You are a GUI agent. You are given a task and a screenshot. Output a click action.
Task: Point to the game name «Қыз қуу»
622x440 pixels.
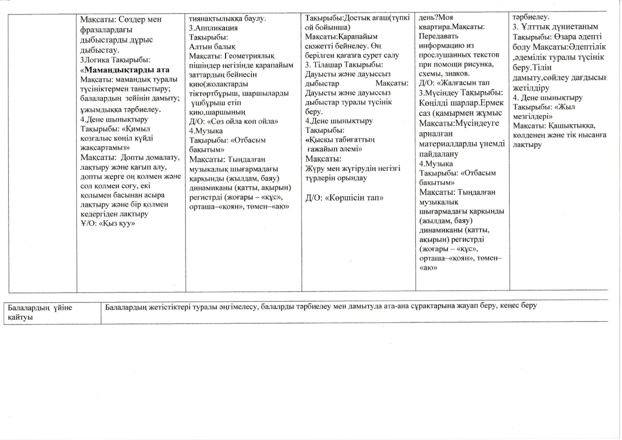pyautogui.click(x=116, y=223)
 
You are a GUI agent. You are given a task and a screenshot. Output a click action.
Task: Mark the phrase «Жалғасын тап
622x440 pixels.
pyautogui.click(x=463, y=83)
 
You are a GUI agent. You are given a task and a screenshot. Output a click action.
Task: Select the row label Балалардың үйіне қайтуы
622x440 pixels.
pyautogui.click(x=40, y=312)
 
